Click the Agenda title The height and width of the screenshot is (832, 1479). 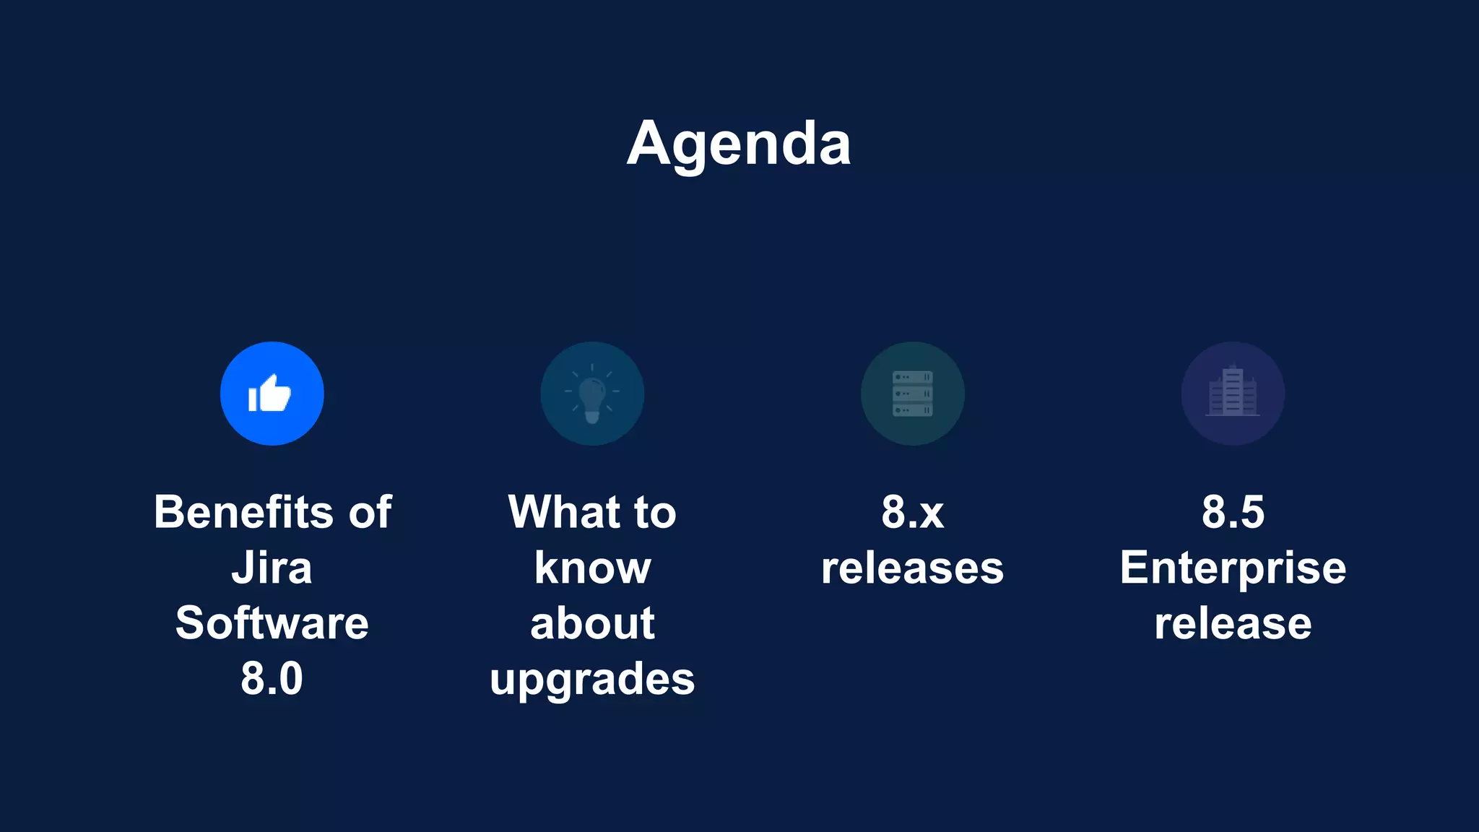[739, 144]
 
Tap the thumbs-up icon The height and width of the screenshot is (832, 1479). [272, 394]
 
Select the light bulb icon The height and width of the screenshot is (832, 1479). [592, 394]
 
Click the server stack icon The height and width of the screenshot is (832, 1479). [912, 394]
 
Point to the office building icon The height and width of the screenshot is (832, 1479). [1233, 394]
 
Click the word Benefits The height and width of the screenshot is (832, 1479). [243, 512]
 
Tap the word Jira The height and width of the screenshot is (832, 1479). [272, 568]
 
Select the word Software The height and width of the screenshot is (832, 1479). [272, 623]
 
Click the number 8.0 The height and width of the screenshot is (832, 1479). [272, 679]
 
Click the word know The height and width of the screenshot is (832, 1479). [592, 568]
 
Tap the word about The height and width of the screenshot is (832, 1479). [592, 623]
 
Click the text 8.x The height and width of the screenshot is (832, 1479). [912, 512]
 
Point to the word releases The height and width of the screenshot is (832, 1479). [912, 568]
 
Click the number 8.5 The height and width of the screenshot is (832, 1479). [1233, 512]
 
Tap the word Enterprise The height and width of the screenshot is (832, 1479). [1233, 569]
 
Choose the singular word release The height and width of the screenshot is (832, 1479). [1233, 623]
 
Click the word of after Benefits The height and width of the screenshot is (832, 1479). [370, 512]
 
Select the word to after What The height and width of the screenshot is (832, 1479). [655, 512]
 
